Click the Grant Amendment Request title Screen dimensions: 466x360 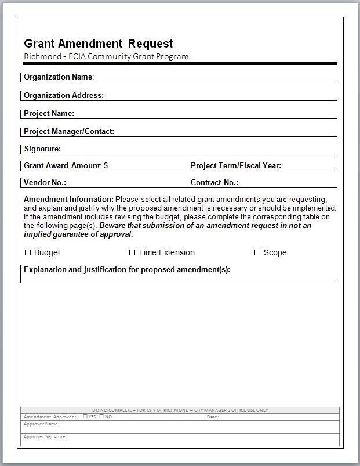[98, 44]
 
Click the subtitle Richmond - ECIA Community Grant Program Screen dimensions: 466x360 [106, 56]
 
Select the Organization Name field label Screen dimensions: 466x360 [58, 77]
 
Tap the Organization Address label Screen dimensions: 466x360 [64, 95]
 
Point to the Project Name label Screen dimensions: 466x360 [49, 113]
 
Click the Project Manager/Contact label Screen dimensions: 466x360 [69, 131]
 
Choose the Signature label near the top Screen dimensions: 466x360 [42, 149]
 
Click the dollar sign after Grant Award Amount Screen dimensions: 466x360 [106, 165]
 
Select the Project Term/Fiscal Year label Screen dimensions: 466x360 [235, 165]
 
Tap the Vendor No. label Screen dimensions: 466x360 [45, 182]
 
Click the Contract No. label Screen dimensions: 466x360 [214, 182]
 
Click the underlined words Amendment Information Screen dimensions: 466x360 [68, 199]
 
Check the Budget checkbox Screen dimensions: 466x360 [28, 252]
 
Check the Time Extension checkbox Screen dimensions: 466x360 [132, 252]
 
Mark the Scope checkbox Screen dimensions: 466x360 [257, 252]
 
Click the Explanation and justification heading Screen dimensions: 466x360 [127, 269]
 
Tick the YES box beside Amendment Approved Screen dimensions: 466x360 [85, 417]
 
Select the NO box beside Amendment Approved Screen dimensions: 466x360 [101, 417]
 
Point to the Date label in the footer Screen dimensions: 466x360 [212, 417]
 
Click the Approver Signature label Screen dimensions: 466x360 [45, 436]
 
